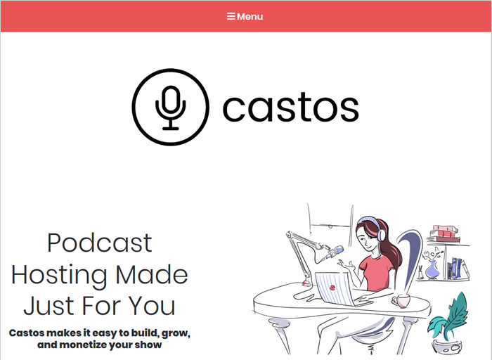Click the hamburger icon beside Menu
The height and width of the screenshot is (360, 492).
click(231, 16)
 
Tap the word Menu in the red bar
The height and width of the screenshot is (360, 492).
click(250, 17)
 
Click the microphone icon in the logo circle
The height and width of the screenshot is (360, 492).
click(171, 108)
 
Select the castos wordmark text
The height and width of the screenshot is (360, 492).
click(290, 107)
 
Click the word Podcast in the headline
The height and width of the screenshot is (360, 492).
click(100, 243)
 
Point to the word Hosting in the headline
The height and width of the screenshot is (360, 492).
click(60, 275)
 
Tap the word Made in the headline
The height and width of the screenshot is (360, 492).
click(152, 274)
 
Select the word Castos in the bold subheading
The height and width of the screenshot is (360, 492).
click(27, 333)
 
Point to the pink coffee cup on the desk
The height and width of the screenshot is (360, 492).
click(401, 301)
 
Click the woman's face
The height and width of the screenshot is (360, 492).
click(366, 238)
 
